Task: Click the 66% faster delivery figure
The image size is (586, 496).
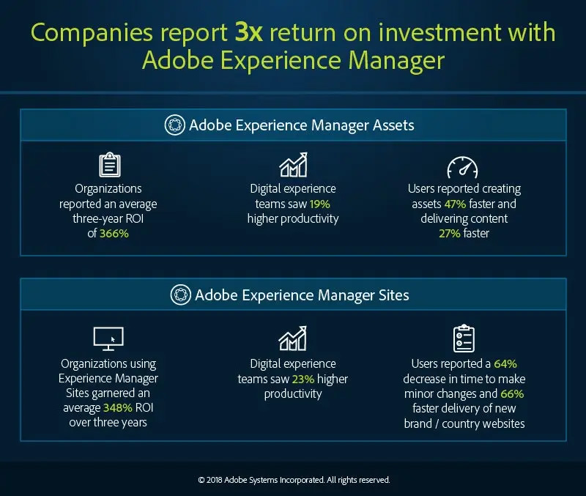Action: (x=513, y=393)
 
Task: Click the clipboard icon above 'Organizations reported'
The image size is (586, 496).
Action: (x=108, y=166)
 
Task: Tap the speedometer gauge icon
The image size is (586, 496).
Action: (x=462, y=166)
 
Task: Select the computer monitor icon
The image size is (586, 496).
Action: (x=108, y=338)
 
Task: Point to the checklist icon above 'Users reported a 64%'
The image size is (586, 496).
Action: (x=464, y=338)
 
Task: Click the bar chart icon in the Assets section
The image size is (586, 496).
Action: (x=292, y=166)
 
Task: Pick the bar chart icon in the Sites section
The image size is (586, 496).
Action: (x=292, y=339)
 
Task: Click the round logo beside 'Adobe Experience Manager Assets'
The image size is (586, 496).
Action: (x=175, y=125)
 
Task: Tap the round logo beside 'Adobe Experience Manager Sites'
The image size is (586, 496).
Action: (x=180, y=295)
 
